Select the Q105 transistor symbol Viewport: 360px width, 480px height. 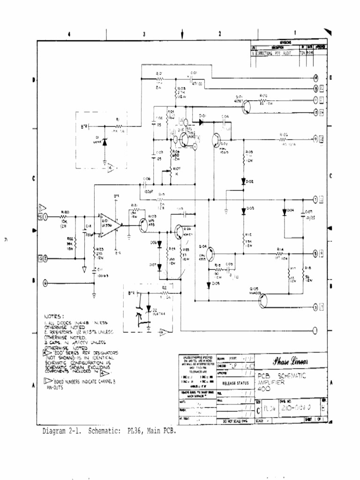tap(262, 300)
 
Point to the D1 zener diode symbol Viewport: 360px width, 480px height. tap(104, 141)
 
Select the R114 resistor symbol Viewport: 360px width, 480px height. tap(280, 254)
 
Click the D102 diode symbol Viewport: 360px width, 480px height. tap(244, 181)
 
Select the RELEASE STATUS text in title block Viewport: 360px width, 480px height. tap(234, 383)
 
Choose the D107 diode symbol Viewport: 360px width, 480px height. tap(159, 267)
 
